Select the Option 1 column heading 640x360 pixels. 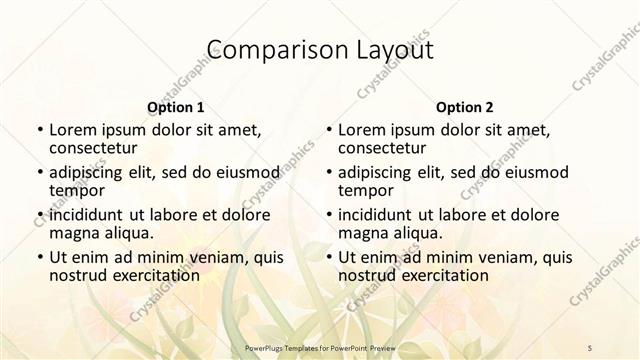175,107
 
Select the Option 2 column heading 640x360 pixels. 464,107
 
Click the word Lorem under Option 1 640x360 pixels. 72,130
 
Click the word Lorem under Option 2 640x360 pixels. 361,130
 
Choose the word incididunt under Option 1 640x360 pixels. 86,215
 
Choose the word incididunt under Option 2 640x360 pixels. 375,215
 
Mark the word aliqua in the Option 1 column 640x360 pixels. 128,233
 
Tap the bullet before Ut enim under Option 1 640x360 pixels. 38,258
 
